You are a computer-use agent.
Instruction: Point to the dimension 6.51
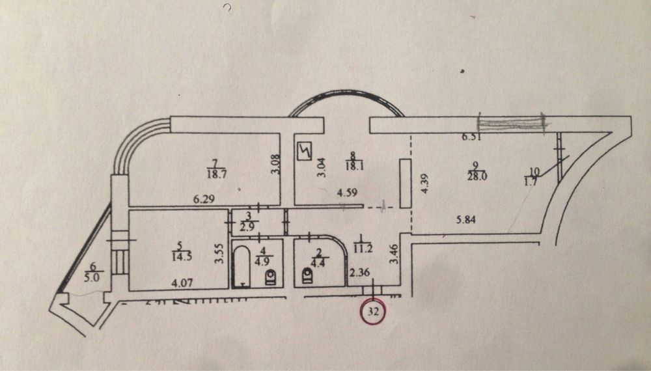pyautogui.click(x=470, y=137)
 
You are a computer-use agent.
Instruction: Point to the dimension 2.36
pyautogui.click(x=359, y=273)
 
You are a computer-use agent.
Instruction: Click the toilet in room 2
pyautogui.click(x=306, y=277)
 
